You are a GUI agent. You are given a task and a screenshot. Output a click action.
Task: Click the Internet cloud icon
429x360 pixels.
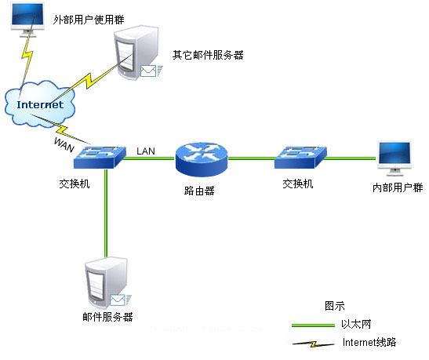coord(40,104)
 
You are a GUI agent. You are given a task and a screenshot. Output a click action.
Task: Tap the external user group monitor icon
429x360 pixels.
coord(27,20)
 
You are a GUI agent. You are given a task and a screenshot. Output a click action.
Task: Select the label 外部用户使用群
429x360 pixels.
coord(89,20)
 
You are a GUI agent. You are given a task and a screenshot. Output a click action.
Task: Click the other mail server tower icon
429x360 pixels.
coord(136,53)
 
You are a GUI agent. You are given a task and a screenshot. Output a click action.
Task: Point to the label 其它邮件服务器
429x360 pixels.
coord(208,55)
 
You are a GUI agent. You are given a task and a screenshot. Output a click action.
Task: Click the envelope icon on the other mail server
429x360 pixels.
coord(148,71)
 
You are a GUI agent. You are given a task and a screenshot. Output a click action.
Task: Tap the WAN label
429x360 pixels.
coord(64,145)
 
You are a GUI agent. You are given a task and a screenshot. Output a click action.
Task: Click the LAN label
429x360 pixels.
coord(146,151)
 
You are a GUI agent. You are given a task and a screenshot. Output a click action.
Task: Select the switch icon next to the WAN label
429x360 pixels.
coord(100,158)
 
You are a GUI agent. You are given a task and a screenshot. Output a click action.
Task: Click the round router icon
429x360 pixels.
coord(202,159)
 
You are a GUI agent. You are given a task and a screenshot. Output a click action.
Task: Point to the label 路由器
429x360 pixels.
coord(199,191)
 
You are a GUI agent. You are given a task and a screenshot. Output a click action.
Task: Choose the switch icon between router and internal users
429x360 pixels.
coord(300,158)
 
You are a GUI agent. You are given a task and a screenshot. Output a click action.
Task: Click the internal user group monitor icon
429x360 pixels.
coord(394,158)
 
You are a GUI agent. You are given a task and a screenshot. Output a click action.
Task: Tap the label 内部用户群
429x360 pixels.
coord(398,187)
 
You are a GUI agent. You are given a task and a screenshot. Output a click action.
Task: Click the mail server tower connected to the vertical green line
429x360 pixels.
coord(106,283)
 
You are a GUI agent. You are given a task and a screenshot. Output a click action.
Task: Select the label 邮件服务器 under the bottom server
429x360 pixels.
coord(107,317)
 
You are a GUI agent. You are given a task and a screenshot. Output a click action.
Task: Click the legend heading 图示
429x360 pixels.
coord(335,306)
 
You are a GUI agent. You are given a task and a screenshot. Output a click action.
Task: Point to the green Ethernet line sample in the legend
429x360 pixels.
coord(313,325)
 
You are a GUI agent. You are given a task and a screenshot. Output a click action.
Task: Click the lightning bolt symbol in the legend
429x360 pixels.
coord(313,344)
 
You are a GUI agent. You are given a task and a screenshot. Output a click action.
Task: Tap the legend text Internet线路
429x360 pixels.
coord(369,342)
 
